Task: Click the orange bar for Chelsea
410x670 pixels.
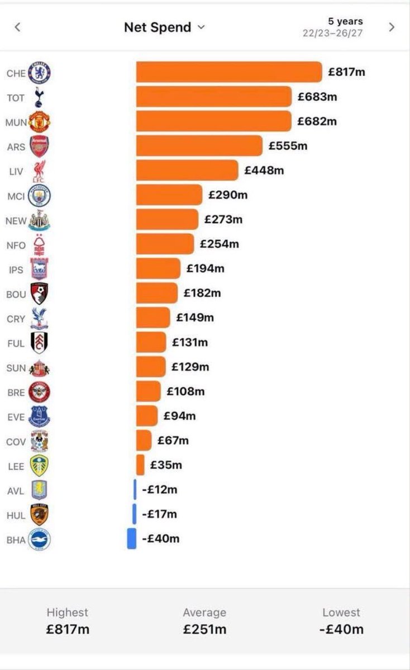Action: click(229, 72)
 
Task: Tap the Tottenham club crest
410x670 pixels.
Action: click(39, 97)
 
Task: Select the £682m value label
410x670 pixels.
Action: click(317, 122)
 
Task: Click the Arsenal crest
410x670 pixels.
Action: click(39, 146)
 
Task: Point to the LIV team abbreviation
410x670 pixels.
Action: click(16, 172)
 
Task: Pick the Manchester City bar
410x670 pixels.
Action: click(169, 195)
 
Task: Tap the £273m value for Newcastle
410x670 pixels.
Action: click(223, 219)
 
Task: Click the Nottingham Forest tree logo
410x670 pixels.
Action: click(39, 245)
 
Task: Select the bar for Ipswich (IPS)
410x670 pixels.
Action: click(158, 269)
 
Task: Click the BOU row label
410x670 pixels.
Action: click(16, 295)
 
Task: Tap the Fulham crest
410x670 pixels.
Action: click(39, 343)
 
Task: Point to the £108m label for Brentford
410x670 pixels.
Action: click(185, 391)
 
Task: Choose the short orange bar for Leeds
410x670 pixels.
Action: click(140, 465)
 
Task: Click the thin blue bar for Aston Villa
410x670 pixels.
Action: click(135, 489)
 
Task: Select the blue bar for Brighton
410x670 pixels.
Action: click(132, 539)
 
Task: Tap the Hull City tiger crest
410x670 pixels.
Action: click(39, 515)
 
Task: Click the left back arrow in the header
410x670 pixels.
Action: click(18, 27)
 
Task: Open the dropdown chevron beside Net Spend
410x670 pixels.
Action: click(202, 27)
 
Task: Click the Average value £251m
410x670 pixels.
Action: click(204, 629)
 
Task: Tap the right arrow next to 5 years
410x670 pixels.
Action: click(392, 27)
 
